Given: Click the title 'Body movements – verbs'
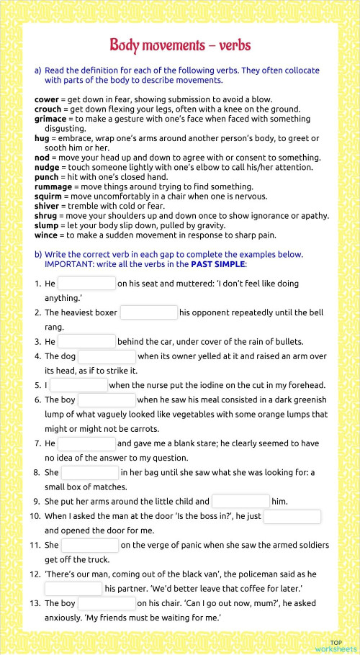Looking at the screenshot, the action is pyautogui.click(x=180, y=45).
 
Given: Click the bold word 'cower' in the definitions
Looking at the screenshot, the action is pyautogui.click(x=47, y=99).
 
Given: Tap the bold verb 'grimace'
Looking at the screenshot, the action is pyautogui.click(x=50, y=118).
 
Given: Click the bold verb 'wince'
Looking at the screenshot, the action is pyautogui.click(x=47, y=235).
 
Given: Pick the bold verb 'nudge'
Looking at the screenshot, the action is pyautogui.click(x=47, y=166).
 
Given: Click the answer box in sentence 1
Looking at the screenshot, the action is pyautogui.click(x=86, y=284).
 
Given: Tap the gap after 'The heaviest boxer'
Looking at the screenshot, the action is pyautogui.click(x=149, y=312).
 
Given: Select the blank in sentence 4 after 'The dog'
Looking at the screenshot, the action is pyautogui.click(x=107, y=356).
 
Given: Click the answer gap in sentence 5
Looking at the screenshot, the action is pyautogui.click(x=79, y=385).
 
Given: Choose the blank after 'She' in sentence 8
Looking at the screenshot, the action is pyautogui.click(x=90, y=472).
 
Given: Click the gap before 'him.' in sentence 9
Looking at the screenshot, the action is pyautogui.click(x=240, y=501).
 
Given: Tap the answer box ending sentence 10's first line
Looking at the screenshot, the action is pyautogui.click(x=292, y=516).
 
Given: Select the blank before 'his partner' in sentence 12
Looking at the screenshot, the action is pyautogui.click(x=73, y=589).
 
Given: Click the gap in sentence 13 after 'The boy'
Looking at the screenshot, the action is pyautogui.click(x=107, y=603).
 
